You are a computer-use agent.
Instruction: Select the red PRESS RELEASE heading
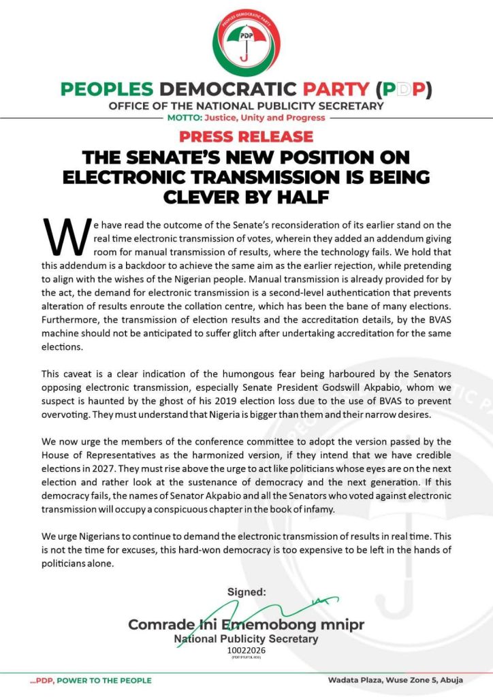246,135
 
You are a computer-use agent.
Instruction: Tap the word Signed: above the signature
246,592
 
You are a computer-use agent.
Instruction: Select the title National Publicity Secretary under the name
246,639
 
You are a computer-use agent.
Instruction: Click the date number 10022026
246,651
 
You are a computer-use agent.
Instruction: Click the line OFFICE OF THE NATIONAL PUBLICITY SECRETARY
246,106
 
